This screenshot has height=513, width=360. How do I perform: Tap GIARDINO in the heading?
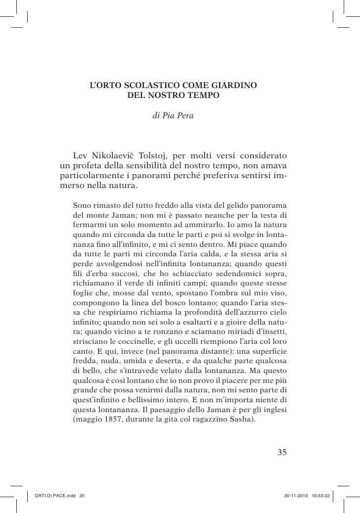click(x=235, y=85)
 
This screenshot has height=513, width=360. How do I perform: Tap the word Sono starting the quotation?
click(x=81, y=205)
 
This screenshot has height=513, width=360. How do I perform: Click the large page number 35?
click(x=282, y=452)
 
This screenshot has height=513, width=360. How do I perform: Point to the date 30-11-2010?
click(x=295, y=496)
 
